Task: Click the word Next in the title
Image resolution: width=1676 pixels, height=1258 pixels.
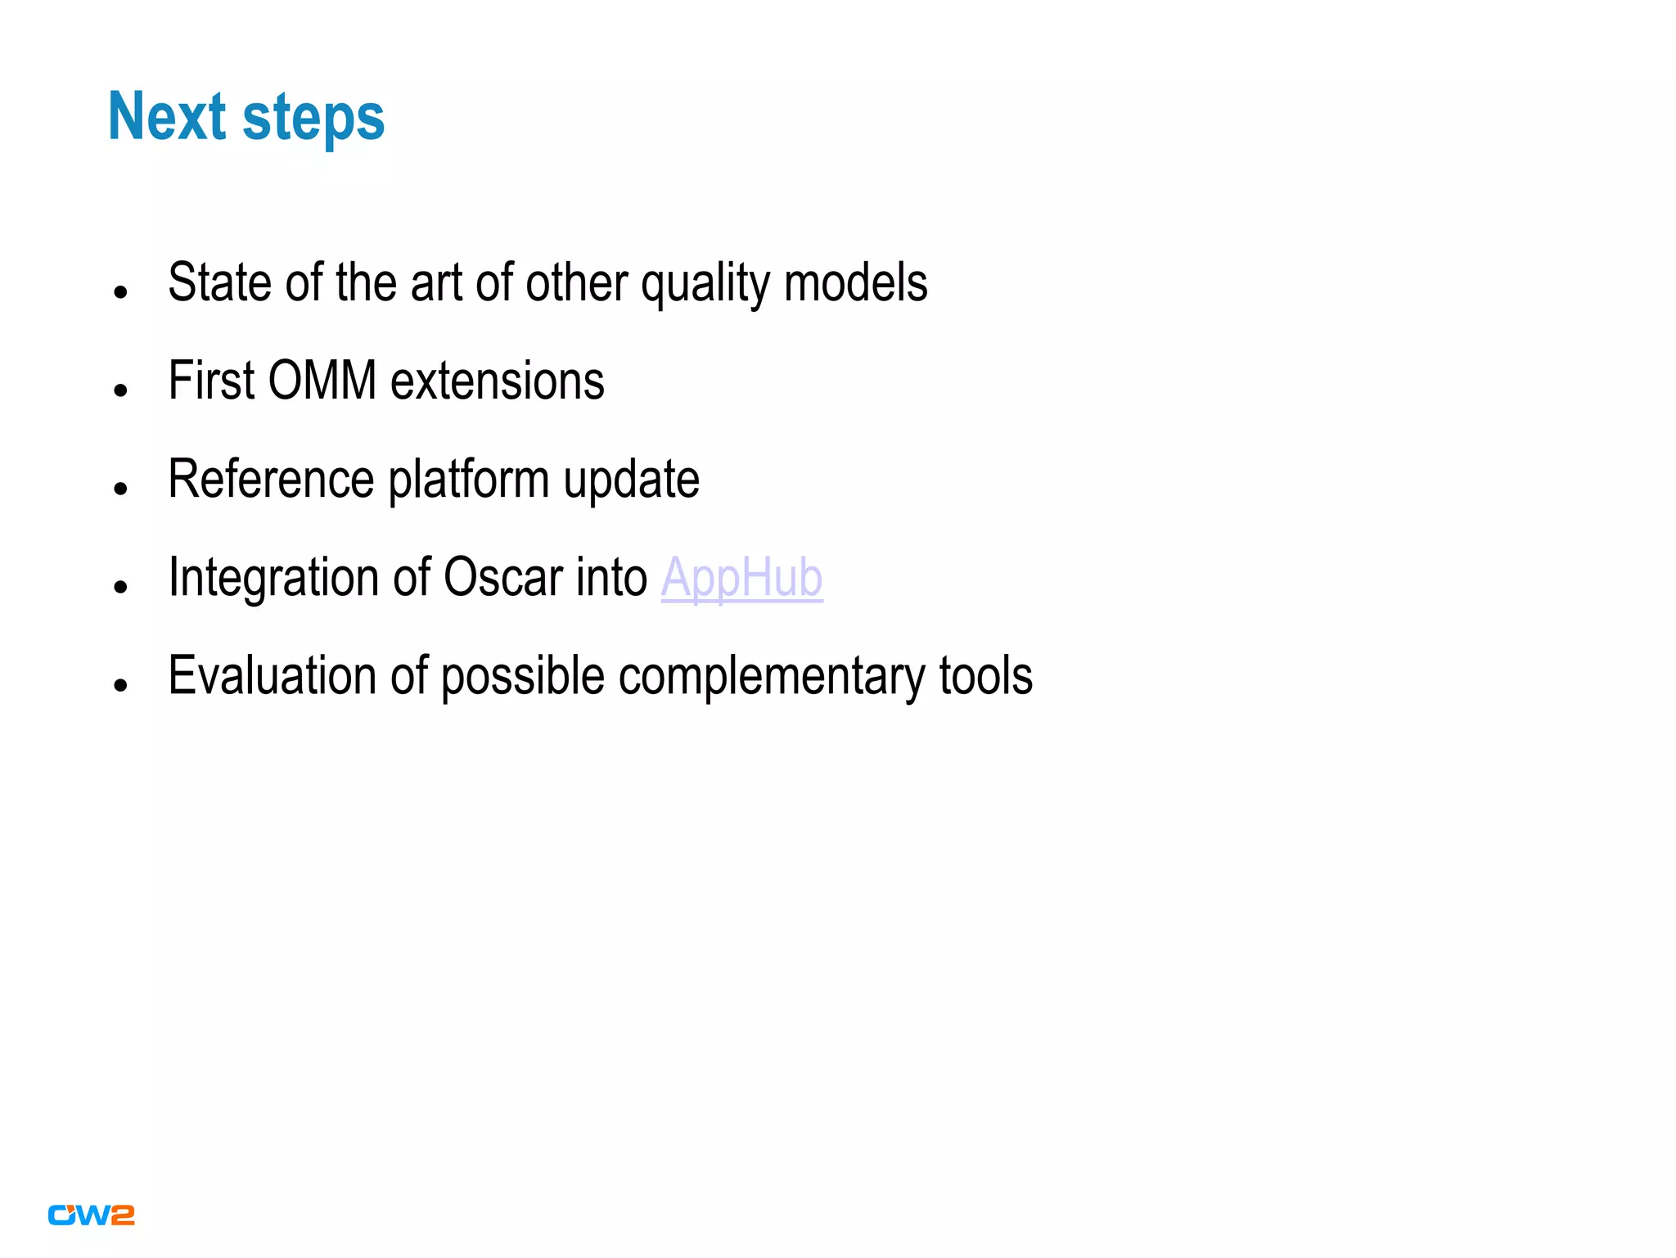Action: click(x=167, y=117)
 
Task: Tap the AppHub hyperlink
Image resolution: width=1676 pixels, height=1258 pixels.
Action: click(x=741, y=578)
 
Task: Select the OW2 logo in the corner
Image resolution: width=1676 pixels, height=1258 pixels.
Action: click(x=91, y=1215)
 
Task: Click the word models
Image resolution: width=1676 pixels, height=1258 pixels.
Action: click(x=855, y=282)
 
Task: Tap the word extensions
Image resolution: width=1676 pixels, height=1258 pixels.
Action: click(x=498, y=381)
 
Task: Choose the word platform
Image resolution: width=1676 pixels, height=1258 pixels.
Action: click(x=468, y=481)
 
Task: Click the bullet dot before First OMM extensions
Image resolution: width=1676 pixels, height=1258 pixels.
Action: click(x=121, y=390)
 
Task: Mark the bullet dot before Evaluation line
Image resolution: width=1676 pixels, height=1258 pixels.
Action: click(x=121, y=685)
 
